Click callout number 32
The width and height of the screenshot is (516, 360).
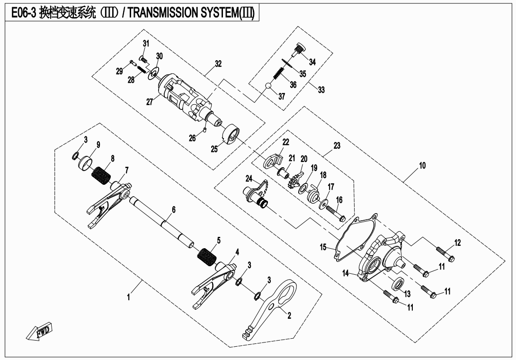tap(218, 64)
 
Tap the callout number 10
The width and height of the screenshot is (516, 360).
tap(422, 165)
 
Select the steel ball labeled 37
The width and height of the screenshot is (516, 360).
tap(268, 86)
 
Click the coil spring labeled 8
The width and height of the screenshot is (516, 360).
tap(100, 175)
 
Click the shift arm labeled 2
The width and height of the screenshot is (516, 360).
tap(273, 308)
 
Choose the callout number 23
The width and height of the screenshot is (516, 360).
tap(337, 146)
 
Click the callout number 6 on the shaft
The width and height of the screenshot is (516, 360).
tap(174, 209)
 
